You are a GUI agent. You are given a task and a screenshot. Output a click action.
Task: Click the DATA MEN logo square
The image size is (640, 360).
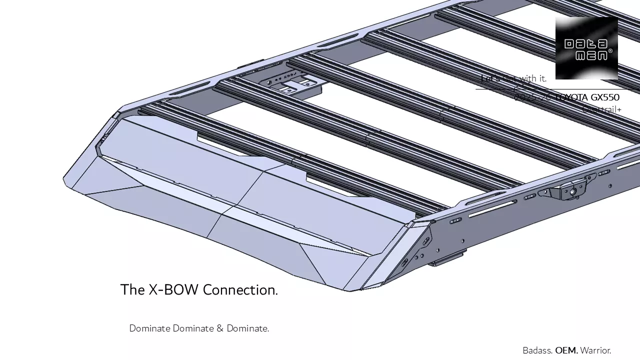pyautogui.click(x=586, y=48)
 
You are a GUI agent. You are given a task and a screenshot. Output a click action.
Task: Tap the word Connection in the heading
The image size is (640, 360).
pyautogui.click(x=240, y=290)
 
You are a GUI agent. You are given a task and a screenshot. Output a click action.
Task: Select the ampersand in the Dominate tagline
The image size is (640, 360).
pyautogui.click(x=220, y=328)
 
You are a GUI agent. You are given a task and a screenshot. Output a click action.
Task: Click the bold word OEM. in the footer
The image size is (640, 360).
pyautogui.click(x=566, y=350)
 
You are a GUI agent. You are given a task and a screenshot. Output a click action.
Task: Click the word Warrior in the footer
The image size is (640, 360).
pyautogui.click(x=595, y=350)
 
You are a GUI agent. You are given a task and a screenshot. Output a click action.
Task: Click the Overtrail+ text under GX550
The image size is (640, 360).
pyautogui.click(x=602, y=108)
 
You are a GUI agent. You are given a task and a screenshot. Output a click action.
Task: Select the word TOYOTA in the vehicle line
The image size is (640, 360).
pyautogui.click(x=572, y=97)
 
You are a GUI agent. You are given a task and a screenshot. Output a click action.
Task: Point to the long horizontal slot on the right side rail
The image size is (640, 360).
pyautogui.click(x=492, y=208)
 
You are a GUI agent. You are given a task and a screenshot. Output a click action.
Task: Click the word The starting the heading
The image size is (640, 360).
pyautogui.click(x=132, y=290)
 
